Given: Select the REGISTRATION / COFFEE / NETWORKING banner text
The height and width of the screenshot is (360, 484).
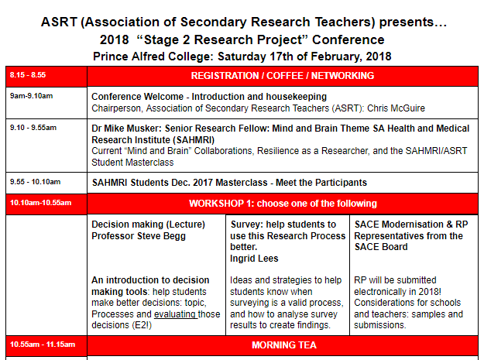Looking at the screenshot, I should [x=282, y=76].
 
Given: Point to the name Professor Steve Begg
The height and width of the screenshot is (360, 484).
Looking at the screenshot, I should [x=139, y=235].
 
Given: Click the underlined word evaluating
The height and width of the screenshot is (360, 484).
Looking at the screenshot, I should [x=174, y=314].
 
